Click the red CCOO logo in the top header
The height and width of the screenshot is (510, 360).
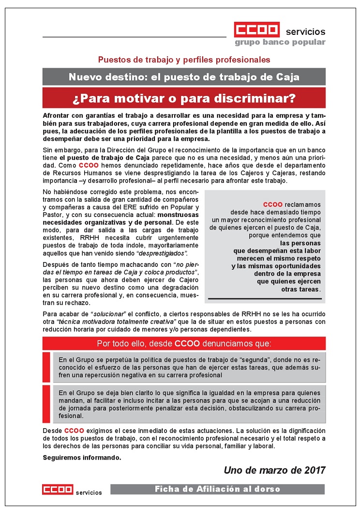pyautogui.click(x=256, y=30)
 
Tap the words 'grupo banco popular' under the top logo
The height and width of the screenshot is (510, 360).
pyautogui.click(x=280, y=42)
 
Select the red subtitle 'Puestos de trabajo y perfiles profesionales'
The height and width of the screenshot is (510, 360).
pyautogui.click(x=184, y=60)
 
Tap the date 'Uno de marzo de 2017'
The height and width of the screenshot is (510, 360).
pyautogui.click(x=274, y=470)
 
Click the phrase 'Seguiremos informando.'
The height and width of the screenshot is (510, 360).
pyautogui.click(x=82, y=457)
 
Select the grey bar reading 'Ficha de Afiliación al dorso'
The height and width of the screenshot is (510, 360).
pyautogui.click(x=217, y=489)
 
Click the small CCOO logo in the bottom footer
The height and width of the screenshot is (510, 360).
pyautogui.click(x=57, y=490)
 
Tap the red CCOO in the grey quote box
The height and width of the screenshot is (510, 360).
pyautogui.click(x=272, y=204)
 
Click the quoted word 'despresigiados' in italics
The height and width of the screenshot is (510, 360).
pyautogui.click(x=162, y=253)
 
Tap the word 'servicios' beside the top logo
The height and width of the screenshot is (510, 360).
pyautogui.click(x=305, y=31)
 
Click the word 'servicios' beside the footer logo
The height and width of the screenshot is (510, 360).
pyautogui.click(x=89, y=493)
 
